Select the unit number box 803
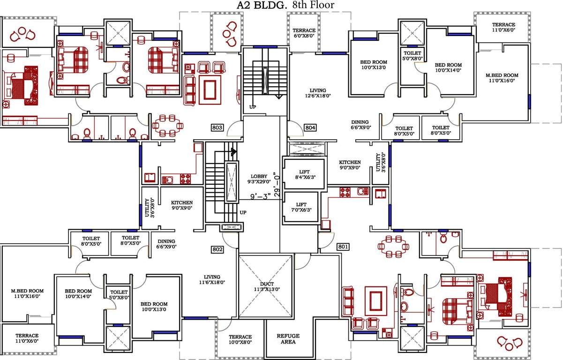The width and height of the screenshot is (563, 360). (217, 127)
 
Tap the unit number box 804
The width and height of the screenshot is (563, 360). (310, 127)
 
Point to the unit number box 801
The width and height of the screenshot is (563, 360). (343, 246)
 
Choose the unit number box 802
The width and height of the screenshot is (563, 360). (217, 249)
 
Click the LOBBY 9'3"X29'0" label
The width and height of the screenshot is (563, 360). (259, 179)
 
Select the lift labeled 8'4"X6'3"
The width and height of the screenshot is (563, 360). (304, 174)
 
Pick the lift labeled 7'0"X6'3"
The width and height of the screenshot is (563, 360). (301, 207)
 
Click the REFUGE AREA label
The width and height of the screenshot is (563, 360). (288, 339)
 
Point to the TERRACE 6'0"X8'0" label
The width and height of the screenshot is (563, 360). (304, 33)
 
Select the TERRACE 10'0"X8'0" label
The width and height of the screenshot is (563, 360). (240, 340)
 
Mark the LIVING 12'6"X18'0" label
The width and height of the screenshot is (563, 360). (317, 93)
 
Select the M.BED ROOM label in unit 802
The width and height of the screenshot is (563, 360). (27, 293)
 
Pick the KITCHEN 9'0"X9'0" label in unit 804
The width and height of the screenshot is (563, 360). (350, 165)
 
